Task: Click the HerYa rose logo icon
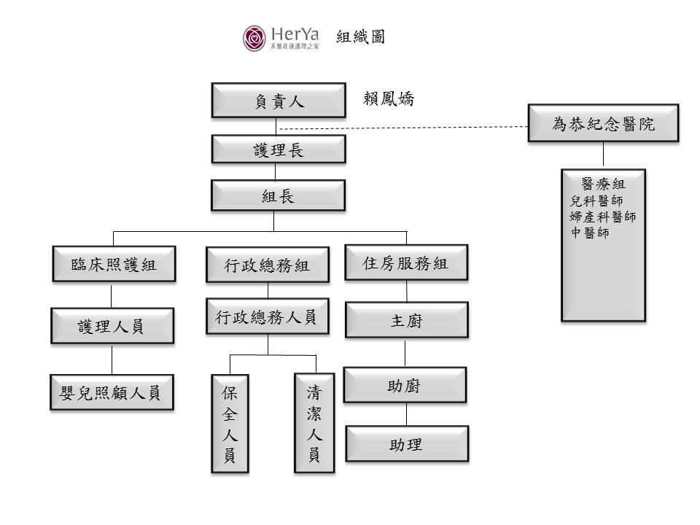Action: point(254,38)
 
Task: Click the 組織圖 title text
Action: point(360,36)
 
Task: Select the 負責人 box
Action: point(279,101)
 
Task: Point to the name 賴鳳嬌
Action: point(389,98)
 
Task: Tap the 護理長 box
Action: point(279,149)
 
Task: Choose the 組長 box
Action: point(278,195)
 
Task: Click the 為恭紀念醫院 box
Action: point(603,124)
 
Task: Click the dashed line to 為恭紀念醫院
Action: point(403,128)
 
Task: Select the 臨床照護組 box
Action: point(114,264)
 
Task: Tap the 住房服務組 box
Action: point(406,263)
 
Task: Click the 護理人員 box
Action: point(112,326)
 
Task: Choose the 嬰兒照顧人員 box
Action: point(112,392)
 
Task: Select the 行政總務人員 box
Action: point(268,316)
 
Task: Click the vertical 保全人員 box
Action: point(230,424)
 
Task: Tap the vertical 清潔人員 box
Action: point(314,423)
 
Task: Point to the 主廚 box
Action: point(407,320)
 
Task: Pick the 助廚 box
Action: point(405,385)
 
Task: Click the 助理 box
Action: point(407,444)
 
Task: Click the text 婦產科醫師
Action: point(603,217)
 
